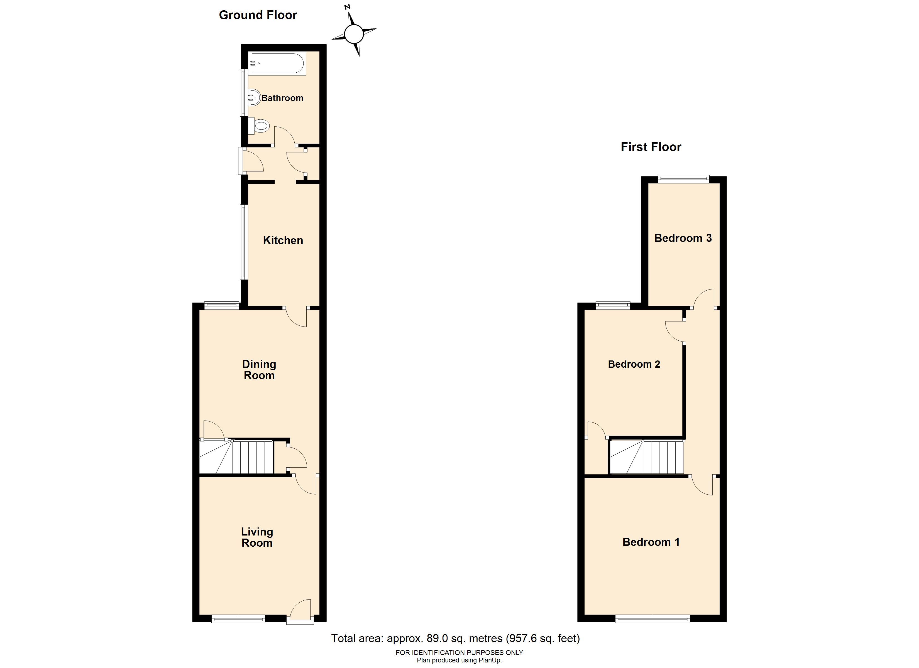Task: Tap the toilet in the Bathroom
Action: tap(258, 126)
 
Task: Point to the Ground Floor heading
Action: tap(258, 15)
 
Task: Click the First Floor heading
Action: tap(651, 147)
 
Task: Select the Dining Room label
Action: tap(259, 369)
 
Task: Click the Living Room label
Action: tap(257, 537)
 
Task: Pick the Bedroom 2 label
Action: tap(634, 364)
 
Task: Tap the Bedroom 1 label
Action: tap(651, 542)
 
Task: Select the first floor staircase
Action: tap(647, 457)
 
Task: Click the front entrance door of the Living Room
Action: tap(300, 612)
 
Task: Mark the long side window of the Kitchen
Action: tap(243, 242)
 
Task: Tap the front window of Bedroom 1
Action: tap(652, 618)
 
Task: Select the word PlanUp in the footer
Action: tap(491, 660)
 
